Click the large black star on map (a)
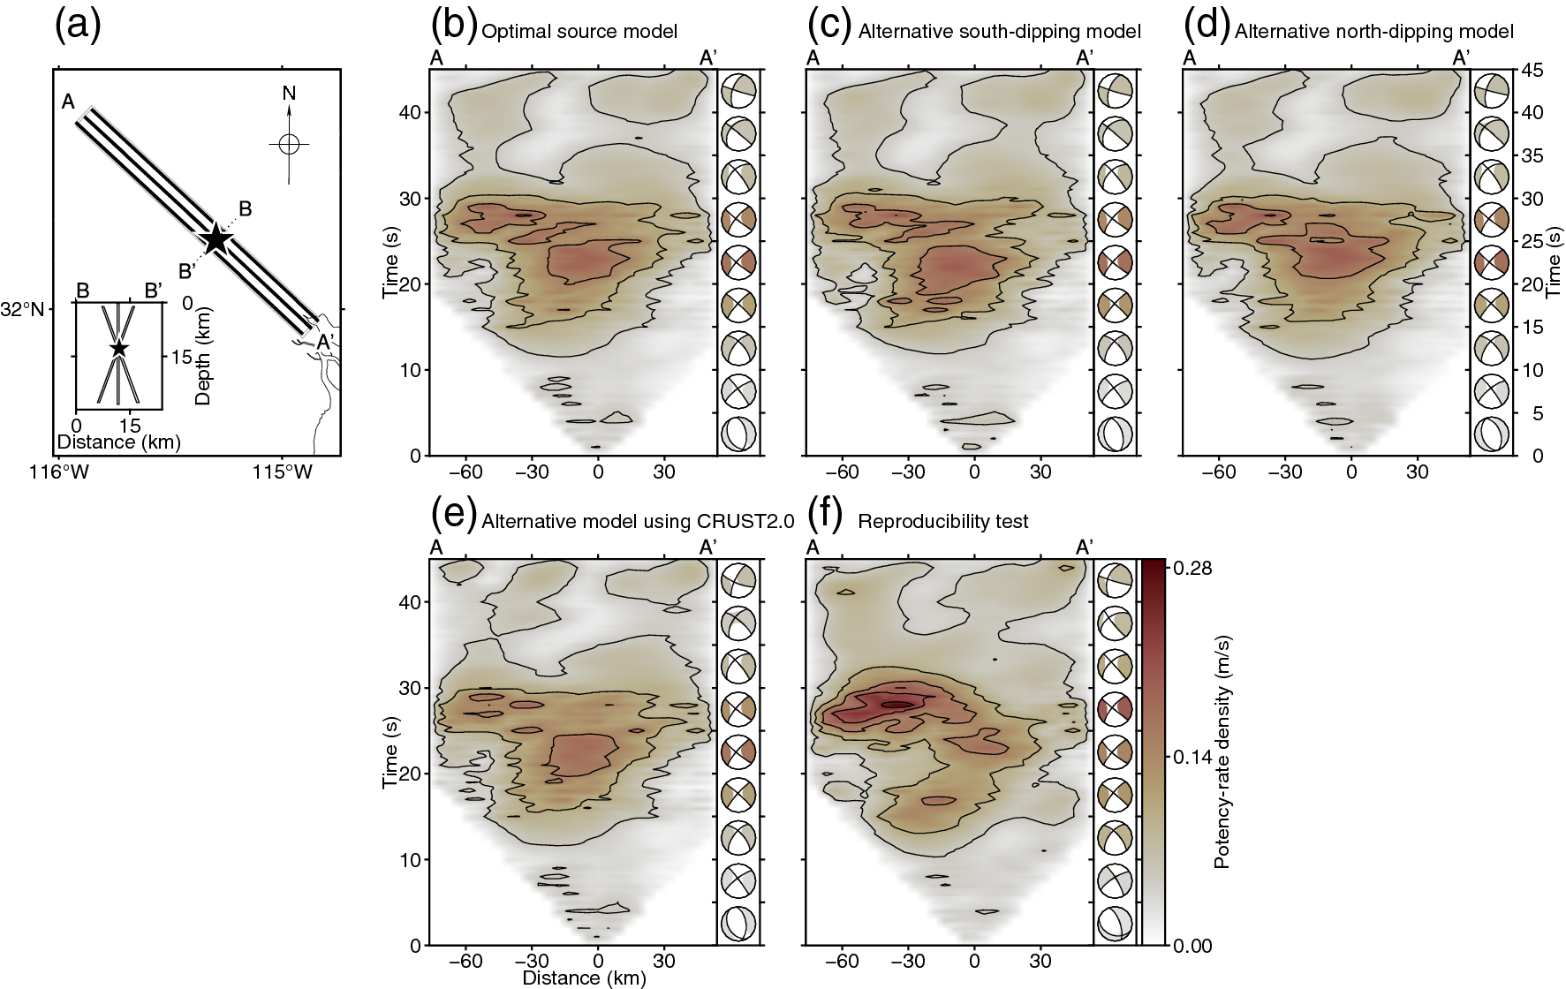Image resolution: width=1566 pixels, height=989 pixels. point(216,238)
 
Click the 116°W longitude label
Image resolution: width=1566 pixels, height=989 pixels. point(59,472)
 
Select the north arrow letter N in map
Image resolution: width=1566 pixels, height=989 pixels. point(289,94)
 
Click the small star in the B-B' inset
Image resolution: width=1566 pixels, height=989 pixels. point(118,349)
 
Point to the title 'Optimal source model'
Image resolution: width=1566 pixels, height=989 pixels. point(579,32)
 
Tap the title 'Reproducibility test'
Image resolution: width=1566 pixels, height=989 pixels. point(943,522)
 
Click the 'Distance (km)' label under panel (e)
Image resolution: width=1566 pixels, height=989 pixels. point(584,978)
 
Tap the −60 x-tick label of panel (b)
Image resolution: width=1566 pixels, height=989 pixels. point(465,472)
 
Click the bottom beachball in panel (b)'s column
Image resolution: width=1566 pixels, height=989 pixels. point(738,434)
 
